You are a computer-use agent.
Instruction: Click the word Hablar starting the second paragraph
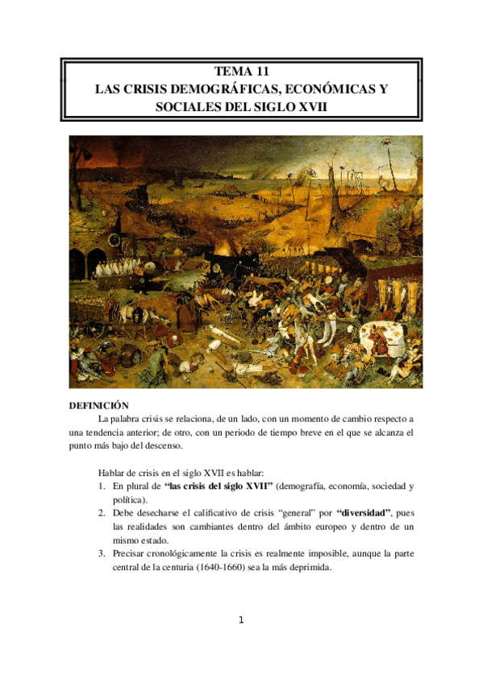[x=111, y=473]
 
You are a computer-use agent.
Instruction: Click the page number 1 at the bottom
[x=241, y=619]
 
